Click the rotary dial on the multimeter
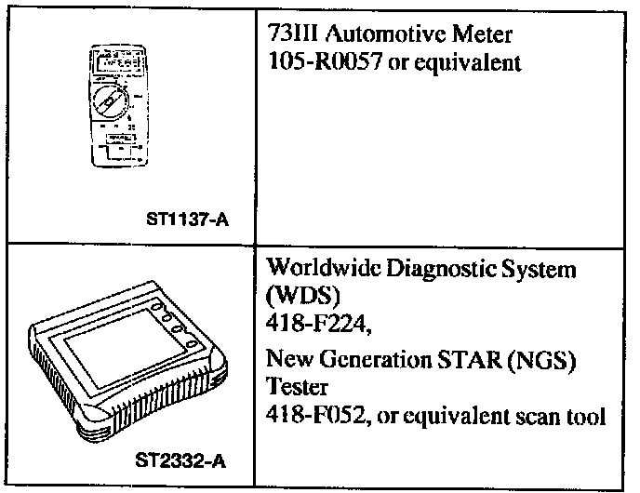[115, 100]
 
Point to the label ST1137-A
[189, 221]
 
